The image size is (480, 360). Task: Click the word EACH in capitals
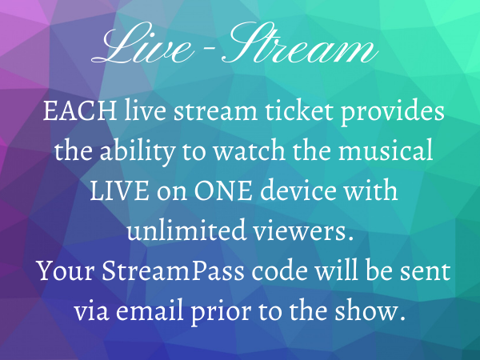(x=79, y=110)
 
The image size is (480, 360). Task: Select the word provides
(x=393, y=112)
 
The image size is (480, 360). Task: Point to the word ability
(x=138, y=152)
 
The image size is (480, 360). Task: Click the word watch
(x=249, y=150)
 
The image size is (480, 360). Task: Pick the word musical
(x=386, y=150)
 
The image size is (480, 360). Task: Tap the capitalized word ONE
(x=223, y=190)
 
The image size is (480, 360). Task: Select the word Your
(x=66, y=270)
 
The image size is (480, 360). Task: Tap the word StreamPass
(x=173, y=270)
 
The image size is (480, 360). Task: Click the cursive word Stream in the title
(x=299, y=43)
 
